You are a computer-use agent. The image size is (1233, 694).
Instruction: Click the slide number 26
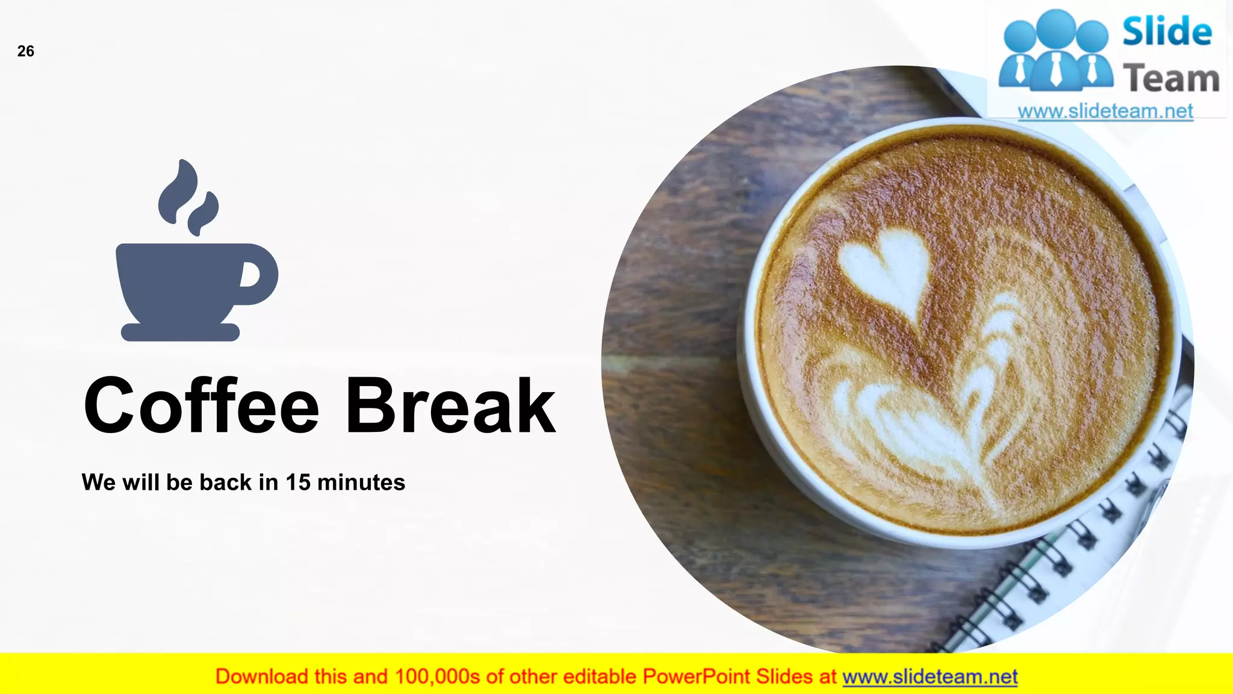[26, 51]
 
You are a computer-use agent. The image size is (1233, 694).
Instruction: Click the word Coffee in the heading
[201, 406]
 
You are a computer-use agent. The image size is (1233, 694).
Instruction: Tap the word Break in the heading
[450, 406]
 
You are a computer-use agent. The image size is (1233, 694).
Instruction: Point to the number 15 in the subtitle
[298, 483]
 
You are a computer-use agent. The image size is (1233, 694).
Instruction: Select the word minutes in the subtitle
[361, 483]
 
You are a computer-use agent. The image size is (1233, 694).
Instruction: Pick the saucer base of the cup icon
[181, 332]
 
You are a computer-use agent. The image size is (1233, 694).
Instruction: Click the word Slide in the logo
[1167, 31]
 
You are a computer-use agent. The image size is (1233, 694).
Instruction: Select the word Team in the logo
[1170, 78]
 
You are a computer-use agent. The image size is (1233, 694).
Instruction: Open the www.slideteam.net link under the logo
[1105, 111]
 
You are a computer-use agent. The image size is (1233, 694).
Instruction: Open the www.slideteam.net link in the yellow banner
[930, 677]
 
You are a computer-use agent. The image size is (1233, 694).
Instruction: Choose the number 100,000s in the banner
[437, 677]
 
